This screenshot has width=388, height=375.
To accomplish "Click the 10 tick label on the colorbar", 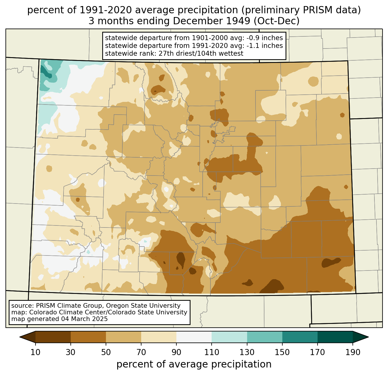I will (x=36, y=352).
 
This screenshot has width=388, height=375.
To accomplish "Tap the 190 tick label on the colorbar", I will (x=353, y=352).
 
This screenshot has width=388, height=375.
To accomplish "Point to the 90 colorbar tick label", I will (x=176, y=352).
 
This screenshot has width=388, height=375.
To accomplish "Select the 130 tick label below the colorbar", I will (x=247, y=352).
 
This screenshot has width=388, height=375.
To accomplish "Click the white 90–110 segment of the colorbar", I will (x=194, y=337).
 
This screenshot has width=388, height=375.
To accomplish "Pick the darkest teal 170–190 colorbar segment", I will (x=335, y=337).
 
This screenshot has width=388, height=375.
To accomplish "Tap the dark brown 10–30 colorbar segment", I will (x=53, y=337).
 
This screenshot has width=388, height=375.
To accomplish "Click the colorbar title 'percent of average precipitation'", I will (x=194, y=364).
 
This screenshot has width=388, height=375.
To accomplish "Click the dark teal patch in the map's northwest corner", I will (x=46, y=72).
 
